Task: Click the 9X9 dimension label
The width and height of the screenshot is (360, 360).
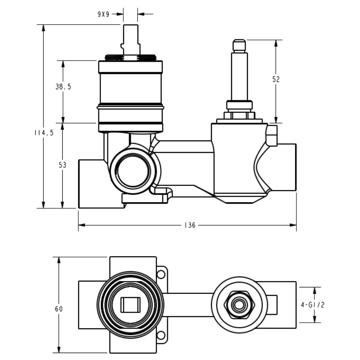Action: [103, 14]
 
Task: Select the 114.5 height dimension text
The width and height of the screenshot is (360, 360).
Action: [44, 133]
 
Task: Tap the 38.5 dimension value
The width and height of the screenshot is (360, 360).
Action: [63, 87]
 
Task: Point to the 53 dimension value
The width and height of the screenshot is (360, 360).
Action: [63, 165]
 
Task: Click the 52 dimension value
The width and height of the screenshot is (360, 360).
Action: [276, 79]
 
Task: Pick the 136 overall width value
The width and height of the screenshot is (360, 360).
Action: [190, 225]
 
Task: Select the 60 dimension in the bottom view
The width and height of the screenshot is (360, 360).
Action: [59, 309]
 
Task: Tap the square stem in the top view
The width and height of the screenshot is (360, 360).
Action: [130, 305]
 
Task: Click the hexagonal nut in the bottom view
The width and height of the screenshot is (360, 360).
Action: [239, 305]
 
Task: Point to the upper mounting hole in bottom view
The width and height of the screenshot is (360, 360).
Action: [161, 274]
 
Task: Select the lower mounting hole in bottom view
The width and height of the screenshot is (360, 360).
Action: [161, 335]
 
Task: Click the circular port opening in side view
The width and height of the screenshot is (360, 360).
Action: [133, 170]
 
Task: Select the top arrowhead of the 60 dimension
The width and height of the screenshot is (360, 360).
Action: [59, 260]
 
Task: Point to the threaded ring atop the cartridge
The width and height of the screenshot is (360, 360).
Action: [130, 58]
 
